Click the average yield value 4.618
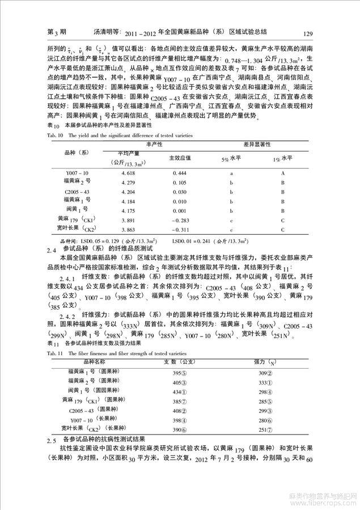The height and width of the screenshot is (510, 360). (x=128, y=172)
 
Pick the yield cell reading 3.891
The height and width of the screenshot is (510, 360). (x=128, y=219)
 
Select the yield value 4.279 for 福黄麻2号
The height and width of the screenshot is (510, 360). (x=128, y=182)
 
